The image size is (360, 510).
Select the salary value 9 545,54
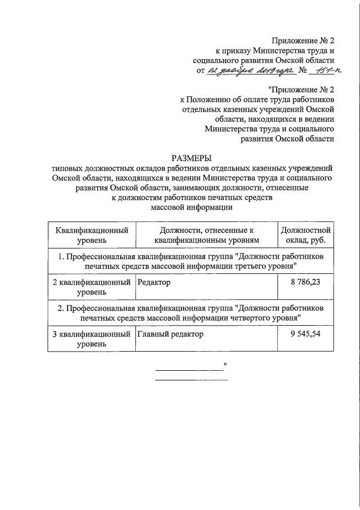(305, 334)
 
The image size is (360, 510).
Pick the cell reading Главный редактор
(170, 334)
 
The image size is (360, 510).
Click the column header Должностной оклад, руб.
(305, 236)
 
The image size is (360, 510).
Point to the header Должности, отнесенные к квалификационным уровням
(207, 236)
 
